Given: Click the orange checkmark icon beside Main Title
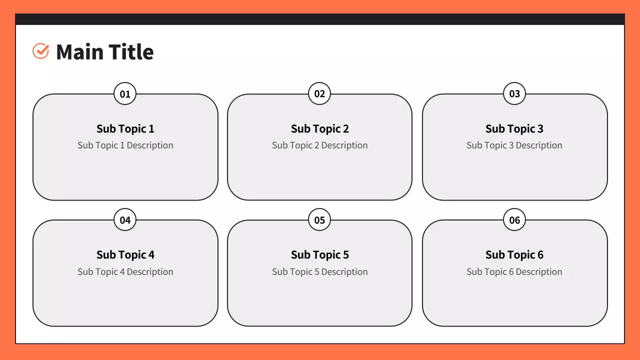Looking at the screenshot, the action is point(40,51).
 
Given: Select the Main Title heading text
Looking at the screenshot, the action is point(105,52).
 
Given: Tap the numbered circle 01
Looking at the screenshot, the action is point(125,93).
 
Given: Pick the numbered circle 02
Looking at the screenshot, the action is point(319,93).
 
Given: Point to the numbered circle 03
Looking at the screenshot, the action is point(514,93).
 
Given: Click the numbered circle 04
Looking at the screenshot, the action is point(125,219).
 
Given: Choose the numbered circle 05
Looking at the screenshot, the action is point(319,219).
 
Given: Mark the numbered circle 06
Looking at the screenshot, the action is point(514,219).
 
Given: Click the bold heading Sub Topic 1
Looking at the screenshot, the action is point(125,129).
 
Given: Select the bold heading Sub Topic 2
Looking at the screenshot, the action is point(320,129).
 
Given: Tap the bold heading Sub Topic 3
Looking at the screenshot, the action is point(514,129).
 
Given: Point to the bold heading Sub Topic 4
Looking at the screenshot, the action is point(125,255).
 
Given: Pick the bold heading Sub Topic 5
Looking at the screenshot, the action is point(320,255).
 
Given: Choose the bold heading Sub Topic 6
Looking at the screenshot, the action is point(514,255).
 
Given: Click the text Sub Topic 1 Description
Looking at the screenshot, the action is point(125,145).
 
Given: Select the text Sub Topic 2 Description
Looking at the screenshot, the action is point(320,145).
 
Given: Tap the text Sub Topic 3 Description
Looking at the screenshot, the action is point(514,145).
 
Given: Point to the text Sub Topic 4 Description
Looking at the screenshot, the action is point(125,271).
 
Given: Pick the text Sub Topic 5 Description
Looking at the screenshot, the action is point(320,271).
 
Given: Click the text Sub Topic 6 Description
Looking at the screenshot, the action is point(514,271).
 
